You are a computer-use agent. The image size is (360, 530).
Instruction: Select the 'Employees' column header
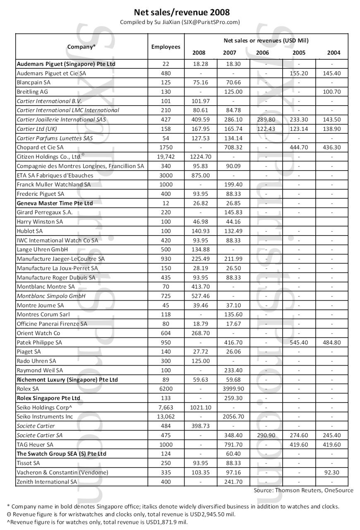click(x=166, y=47)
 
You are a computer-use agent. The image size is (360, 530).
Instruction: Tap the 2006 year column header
click(x=262, y=53)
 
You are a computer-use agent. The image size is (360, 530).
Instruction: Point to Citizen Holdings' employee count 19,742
click(x=166, y=157)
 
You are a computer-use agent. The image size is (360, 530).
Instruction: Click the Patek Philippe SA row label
click(x=39, y=342)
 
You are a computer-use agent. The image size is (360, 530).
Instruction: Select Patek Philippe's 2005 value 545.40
click(x=299, y=342)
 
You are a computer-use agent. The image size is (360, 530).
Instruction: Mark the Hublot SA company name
click(x=29, y=231)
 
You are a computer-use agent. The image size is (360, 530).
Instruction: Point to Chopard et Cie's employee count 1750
click(x=166, y=147)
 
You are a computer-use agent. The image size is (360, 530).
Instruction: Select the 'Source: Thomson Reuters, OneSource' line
click(x=303, y=490)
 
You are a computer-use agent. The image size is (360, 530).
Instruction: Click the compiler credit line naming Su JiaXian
click(x=180, y=22)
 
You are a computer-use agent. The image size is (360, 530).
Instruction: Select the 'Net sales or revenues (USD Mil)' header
click(x=266, y=41)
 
